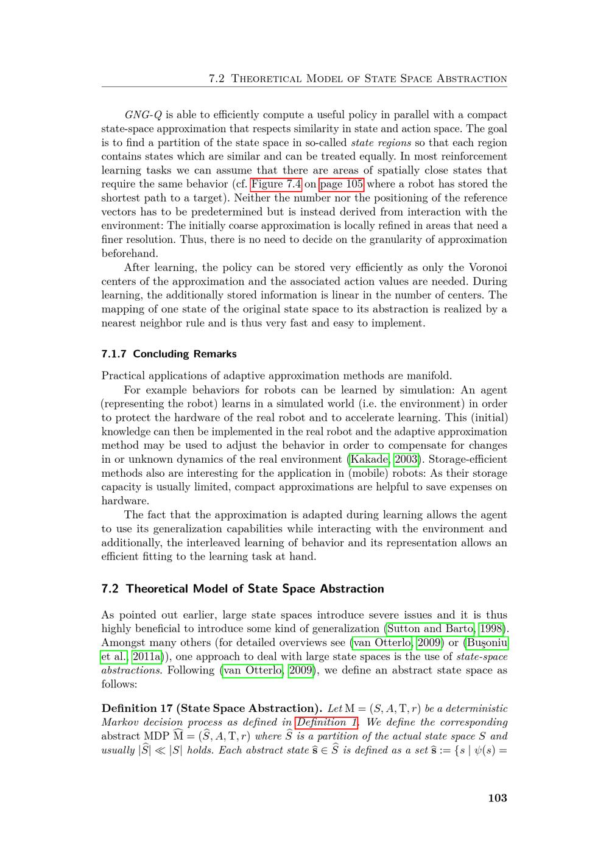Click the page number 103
pos(497,798)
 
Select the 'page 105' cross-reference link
pos(342,184)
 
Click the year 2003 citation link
pos(406,459)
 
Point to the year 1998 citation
pos(492,628)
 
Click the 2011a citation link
pos(146,656)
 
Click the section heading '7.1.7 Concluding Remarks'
pos(169,354)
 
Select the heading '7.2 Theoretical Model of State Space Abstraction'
pos(242,589)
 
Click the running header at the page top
pos(357,79)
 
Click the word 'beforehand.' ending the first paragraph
pos(130,253)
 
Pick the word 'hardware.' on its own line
pos(125,501)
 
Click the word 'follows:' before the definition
pos(119,684)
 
